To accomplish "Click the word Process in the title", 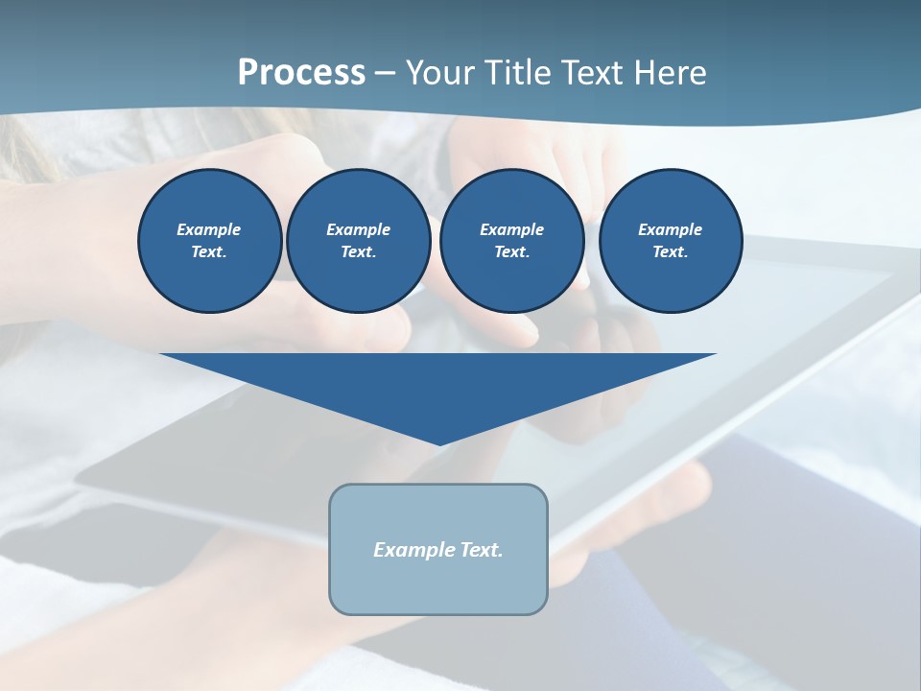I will [x=301, y=73].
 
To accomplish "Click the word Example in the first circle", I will [x=209, y=229].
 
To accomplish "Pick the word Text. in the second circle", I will [x=359, y=252].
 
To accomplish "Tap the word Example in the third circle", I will [x=511, y=229].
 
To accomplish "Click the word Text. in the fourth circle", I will [x=671, y=252].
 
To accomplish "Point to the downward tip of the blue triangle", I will [x=438, y=442].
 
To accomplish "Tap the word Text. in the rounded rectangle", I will [x=481, y=550].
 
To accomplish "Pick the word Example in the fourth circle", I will [x=671, y=229].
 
